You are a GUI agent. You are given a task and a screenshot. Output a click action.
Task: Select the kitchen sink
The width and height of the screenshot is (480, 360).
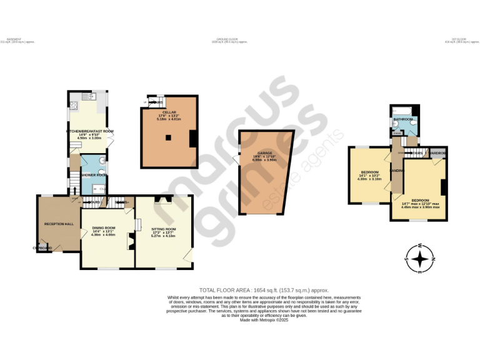point(92,96)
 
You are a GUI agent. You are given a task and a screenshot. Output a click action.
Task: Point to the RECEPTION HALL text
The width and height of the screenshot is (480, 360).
point(59,223)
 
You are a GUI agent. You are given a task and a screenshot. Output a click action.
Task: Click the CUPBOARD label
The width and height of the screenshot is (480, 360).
point(42,248)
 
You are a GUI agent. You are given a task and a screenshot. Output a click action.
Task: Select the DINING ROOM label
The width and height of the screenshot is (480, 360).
point(104,228)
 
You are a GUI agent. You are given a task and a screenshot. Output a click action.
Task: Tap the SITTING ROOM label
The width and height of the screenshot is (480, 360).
point(164,229)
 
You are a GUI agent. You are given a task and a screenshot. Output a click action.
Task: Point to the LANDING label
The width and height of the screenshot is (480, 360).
point(396,170)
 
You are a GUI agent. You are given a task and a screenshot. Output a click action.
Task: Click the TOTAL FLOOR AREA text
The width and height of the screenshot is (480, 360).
point(263,290)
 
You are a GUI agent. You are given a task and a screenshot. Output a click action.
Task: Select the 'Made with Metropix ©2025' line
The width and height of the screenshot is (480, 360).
point(263,320)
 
